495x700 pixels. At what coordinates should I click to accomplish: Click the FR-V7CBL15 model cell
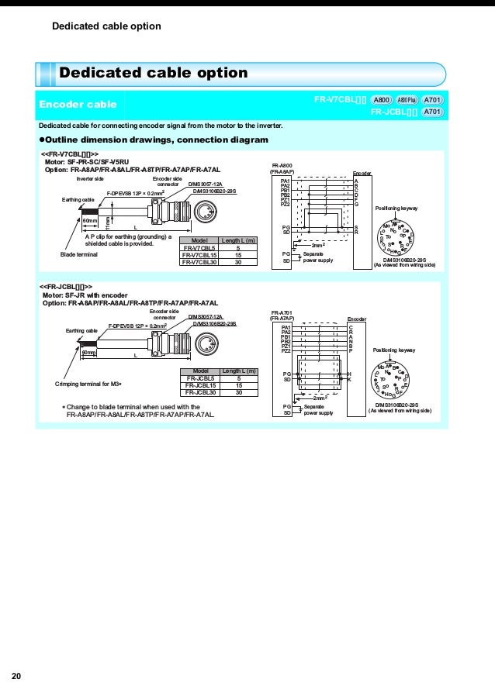coord(199,254)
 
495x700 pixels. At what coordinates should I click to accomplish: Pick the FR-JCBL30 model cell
coord(199,392)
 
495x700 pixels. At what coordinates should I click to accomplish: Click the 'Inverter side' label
coord(90,178)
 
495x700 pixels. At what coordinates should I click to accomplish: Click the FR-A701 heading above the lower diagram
coord(282,312)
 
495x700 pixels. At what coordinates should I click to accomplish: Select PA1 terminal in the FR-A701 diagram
coord(285,327)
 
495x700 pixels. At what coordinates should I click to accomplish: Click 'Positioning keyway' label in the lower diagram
coord(394,350)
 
